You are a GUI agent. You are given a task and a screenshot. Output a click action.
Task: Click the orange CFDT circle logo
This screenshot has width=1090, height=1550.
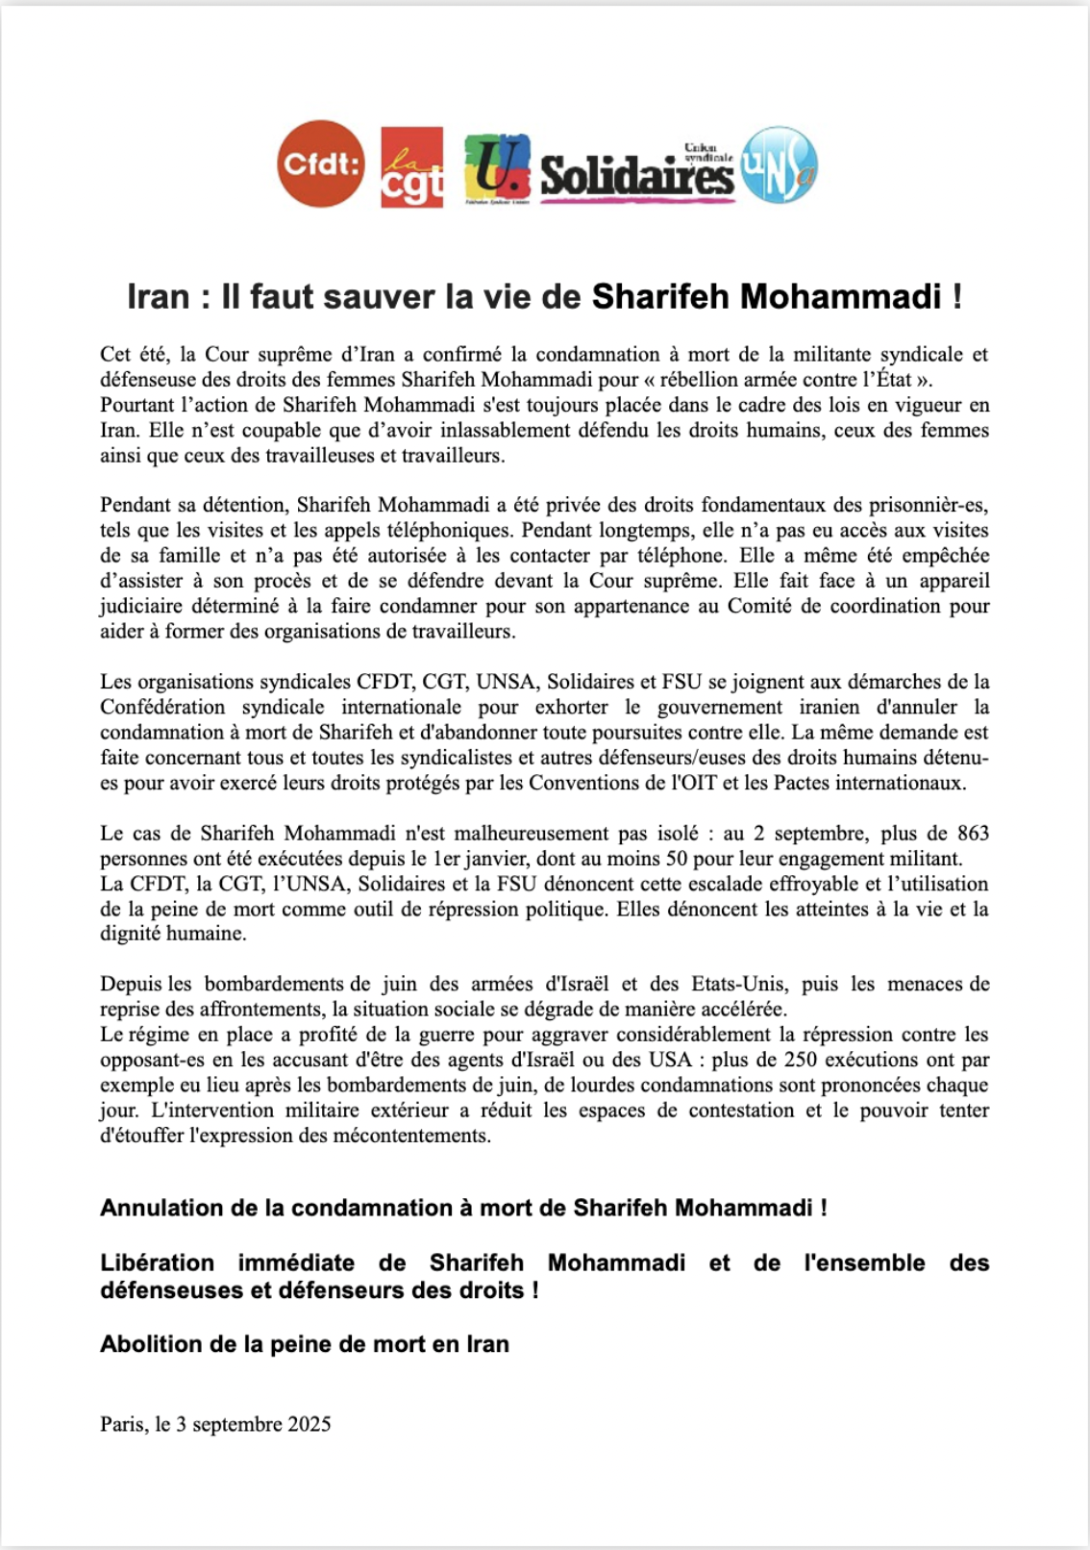[x=321, y=164]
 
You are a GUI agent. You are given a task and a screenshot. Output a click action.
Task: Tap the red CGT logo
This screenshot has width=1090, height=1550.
[x=412, y=166]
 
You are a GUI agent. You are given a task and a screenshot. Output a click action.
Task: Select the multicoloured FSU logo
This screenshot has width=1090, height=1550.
[x=497, y=167]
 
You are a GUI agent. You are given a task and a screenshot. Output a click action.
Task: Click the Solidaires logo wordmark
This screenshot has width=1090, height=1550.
[x=636, y=173]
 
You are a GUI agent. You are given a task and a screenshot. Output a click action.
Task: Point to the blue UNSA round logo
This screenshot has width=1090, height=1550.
[x=779, y=165]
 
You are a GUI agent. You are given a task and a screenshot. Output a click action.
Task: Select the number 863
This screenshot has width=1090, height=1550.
[x=973, y=834]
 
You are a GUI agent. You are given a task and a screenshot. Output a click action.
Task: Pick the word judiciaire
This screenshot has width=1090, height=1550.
[x=145, y=606]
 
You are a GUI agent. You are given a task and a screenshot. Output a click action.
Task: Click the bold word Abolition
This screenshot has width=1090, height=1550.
[x=146, y=1344]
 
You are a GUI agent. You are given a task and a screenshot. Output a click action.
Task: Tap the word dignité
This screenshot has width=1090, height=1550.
[x=131, y=934]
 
